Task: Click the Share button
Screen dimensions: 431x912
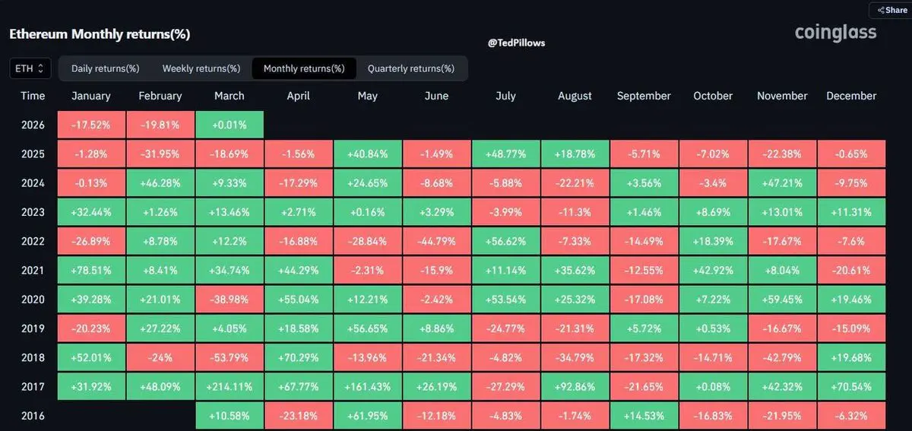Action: [891, 10]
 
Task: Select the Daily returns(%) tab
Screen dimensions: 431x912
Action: [105, 68]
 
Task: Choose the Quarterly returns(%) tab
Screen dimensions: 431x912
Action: [410, 68]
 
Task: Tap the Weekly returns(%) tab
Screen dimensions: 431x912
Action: [201, 68]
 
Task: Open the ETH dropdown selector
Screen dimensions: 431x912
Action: [30, 68]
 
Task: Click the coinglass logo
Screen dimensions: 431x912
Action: [835, 33]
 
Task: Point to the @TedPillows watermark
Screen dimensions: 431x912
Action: [516, 43]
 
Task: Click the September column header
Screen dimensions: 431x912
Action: [644, 96]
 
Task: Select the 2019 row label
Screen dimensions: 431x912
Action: [33, 328]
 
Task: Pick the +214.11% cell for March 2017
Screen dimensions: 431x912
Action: [230, 387]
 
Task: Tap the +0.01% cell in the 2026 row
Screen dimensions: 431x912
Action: [230, 125]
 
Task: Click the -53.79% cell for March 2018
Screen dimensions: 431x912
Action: [230, 357]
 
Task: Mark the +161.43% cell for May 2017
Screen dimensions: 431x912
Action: [368, 387]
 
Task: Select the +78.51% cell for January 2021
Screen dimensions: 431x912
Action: [91, 270]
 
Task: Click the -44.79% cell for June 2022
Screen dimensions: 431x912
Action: [436, 241]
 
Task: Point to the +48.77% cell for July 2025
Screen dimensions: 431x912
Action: [505, 154]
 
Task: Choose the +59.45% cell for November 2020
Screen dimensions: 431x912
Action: [782, 299]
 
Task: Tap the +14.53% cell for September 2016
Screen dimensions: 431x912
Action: [644, 416]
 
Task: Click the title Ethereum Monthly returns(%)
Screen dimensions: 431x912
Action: [100, 34]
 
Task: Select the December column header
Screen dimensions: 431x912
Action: [851, 96]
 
